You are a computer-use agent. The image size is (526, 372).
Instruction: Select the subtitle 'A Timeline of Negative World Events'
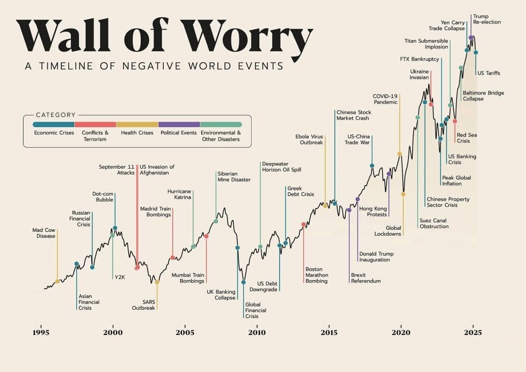tap(154, 66)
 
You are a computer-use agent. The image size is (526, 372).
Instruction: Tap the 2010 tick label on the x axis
tap(257, 332)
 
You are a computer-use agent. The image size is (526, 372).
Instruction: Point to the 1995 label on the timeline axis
tap(41, 332)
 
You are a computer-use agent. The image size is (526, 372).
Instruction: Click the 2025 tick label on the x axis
tap(472, 332)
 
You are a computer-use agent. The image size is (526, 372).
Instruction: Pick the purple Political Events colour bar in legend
tap(179, 124)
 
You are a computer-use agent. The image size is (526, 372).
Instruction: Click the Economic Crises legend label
tap(54, 133)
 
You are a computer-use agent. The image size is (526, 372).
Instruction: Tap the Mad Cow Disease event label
tap(43, 233)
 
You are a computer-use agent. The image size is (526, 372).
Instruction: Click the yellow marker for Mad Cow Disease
tap(57, 281)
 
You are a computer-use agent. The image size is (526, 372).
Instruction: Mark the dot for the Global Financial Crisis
tap(244, 282)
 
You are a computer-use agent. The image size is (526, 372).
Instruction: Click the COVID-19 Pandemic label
tap(385, 99)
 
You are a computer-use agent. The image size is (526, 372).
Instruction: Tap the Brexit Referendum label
tap(366, 278)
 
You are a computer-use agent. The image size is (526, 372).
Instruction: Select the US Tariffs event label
tap(488, 73)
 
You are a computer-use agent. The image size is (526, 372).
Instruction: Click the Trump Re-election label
tap(487, 19)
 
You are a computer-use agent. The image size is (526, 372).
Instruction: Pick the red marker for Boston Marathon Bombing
tap(304, 224)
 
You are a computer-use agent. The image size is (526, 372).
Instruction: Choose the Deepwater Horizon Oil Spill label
tap(281, 166)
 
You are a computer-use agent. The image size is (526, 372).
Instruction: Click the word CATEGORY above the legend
tap(55, 115)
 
